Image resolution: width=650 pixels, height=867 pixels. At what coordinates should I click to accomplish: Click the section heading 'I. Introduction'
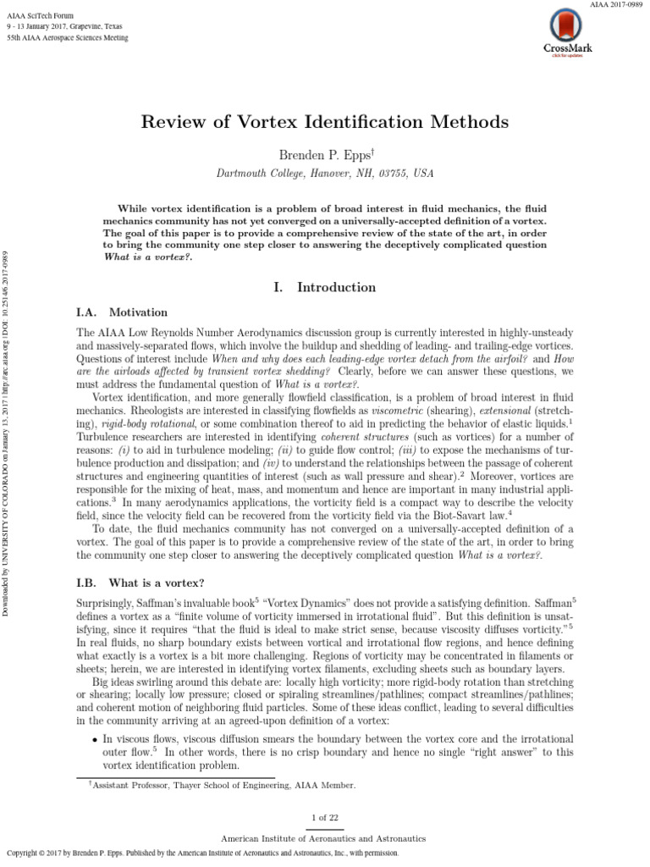(x=324, y=288)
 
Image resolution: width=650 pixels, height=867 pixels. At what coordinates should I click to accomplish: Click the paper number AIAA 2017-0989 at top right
(x=615, y=6)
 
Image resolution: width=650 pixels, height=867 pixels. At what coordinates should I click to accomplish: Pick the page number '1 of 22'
(x=324, y=817)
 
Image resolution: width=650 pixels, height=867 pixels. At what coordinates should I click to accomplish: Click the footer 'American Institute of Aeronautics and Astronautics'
(x=324, y=837)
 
